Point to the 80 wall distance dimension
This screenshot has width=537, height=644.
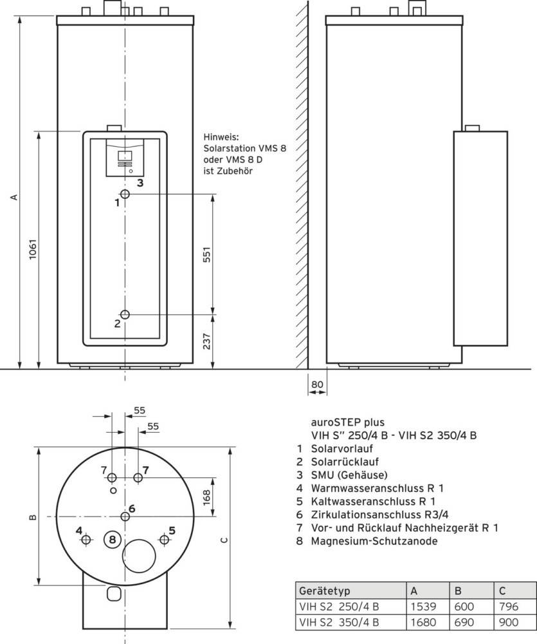[316, 385]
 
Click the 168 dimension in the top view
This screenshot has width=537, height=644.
[207, 497]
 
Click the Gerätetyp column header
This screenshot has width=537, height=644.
[325, 591]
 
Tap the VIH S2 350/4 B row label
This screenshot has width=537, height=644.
[339, 622]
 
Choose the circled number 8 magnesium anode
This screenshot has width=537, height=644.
[113, 539]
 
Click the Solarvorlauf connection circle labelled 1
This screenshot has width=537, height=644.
[125, 195]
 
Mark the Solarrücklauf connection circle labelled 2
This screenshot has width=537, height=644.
[125, 314]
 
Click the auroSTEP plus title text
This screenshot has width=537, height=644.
[347, 422]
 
